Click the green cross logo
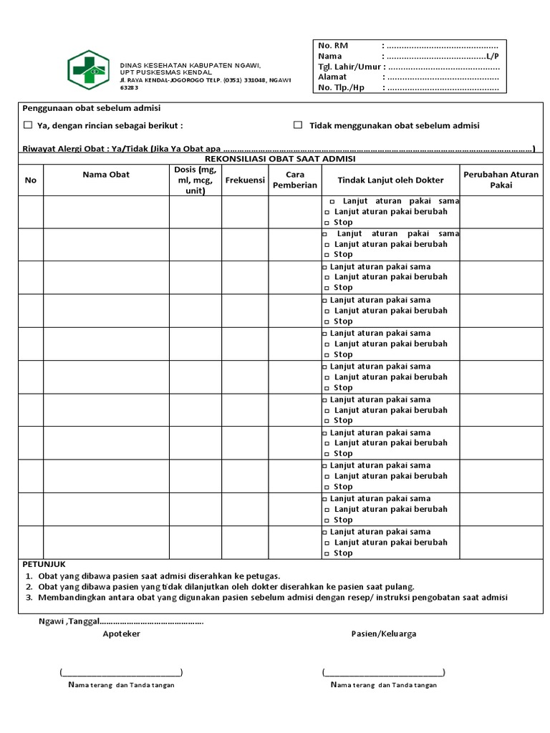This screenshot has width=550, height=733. [x=89, y=69]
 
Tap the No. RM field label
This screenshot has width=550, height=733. [x=332, y=46]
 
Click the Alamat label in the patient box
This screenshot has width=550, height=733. [x=332, y=77]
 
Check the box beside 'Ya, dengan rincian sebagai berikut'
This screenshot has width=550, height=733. [x=28, y=125]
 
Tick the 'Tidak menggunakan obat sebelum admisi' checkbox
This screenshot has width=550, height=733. [x=298, y=125]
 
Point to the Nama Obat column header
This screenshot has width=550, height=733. [x=106, y=174]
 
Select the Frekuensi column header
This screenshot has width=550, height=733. [x=245, y=180]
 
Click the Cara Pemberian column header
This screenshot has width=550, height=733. [x=295, y=180]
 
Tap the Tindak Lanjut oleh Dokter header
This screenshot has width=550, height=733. [x=390, y=180]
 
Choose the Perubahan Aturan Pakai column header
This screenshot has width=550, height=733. [x=501, y=180]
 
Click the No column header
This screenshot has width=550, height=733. [x=30, y=180]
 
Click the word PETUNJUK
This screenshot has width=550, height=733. [x=44, y=564]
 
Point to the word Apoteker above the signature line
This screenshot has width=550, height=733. [x=121, y=634]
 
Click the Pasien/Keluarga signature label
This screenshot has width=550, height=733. [x=383, y=634]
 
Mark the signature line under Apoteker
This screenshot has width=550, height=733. [x=121, y=672]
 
